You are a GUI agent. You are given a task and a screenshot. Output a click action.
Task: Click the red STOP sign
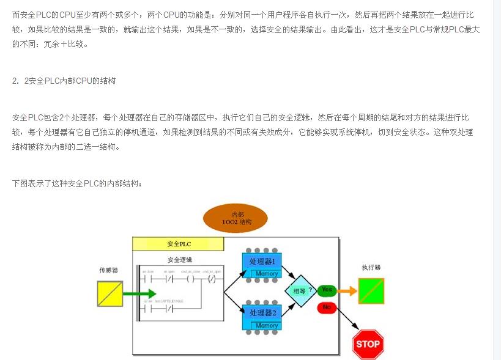[x=368, y=343]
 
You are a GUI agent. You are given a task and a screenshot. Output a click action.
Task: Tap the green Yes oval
[x=327, y=290]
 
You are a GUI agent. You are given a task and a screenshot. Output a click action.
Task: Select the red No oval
[x=326, y=307]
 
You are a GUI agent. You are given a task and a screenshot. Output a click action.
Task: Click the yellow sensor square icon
[x=110, y=293]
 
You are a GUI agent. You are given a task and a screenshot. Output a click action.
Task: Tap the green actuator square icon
[x=371, y=290]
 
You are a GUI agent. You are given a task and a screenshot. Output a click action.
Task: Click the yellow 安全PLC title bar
[x=178, y=243]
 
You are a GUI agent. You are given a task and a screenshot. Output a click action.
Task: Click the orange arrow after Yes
[x=347, y=290]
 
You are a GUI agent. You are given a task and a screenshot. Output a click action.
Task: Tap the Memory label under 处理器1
[x=267, y=274]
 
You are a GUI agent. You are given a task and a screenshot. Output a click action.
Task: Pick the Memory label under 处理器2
[x=267, y=326]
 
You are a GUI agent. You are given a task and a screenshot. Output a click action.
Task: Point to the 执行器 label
[x=371, y=268]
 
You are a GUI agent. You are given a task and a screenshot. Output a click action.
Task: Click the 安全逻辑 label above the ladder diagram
[x=179, y=260]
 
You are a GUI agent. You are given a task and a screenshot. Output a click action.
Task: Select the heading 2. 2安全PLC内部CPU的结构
[x=64, y=81]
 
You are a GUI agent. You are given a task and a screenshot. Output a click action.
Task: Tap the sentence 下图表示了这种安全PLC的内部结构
[x=77, y=183]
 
